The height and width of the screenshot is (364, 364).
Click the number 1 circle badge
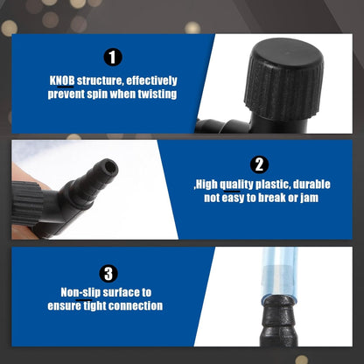(x=113, y=57)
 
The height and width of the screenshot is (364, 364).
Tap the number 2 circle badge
(x=259, y=164)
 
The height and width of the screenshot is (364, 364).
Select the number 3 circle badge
(x=108, y=274)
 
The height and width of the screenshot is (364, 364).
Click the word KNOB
(x=62, y=80)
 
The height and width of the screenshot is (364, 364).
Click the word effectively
(x=151, y=80)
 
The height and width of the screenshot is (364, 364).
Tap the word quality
(x=236, y=185)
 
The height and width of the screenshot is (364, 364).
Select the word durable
(x=311, y=185)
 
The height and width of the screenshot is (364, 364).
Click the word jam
(x=309, y=198)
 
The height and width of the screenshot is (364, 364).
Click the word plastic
(x=273, y=185)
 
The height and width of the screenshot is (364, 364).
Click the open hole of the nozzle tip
(x=110, y=167)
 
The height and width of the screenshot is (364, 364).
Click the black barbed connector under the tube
(x=279, y=321)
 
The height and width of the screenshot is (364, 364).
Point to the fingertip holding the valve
(x=24, y=175)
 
